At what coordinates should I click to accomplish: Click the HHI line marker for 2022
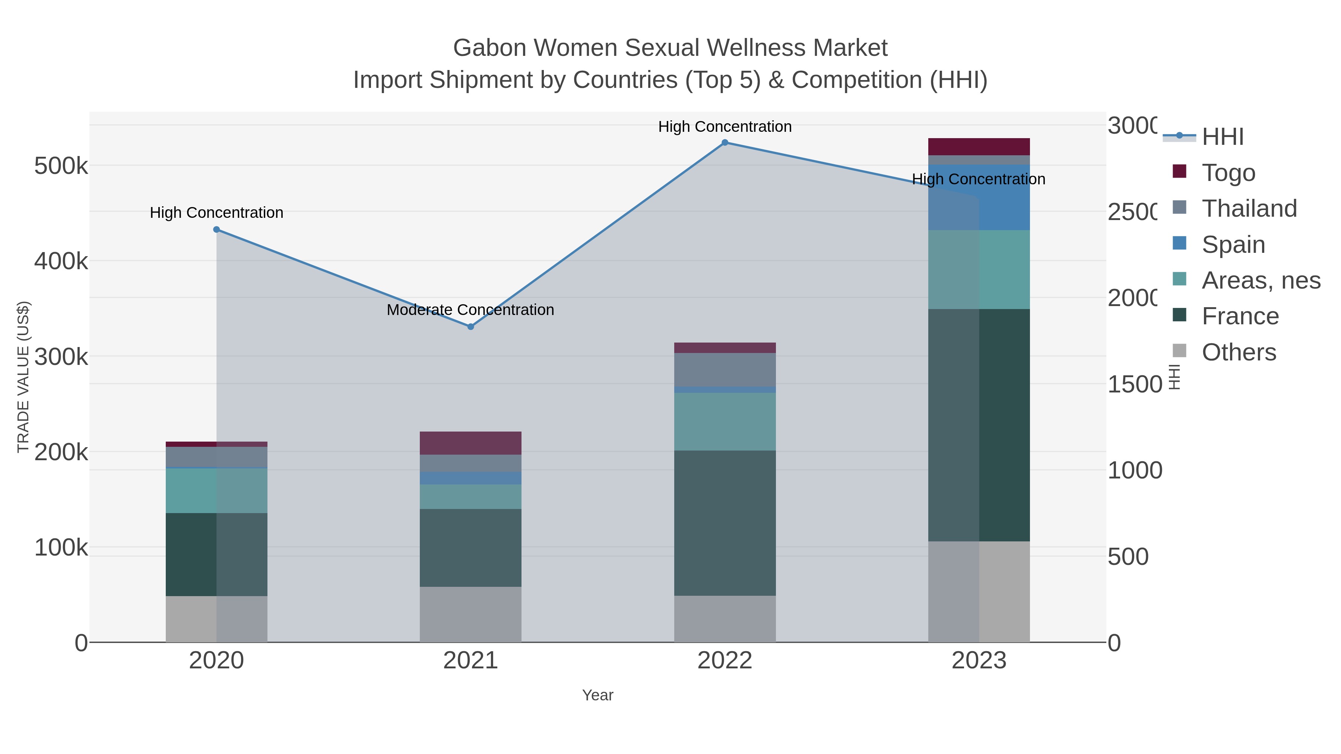tap(725, 143)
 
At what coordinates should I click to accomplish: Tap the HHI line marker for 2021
tap(470, 327)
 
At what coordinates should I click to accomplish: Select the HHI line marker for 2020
tap(216, 229)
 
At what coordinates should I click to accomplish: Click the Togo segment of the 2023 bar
tap(979, 147)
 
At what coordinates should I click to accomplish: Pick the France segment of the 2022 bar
tap(725, 523)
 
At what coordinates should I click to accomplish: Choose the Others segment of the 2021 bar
tap(470, 614)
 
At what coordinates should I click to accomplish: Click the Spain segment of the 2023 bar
tap(979, 198)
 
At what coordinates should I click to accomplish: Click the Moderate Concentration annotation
tap(470, 310)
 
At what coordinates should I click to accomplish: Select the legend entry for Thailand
tap(1249, 209)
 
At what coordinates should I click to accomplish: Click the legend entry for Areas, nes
tap(1261, 280)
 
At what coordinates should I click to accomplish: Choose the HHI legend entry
tap(1222, 137)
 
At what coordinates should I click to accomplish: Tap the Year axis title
tap(597, 695)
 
